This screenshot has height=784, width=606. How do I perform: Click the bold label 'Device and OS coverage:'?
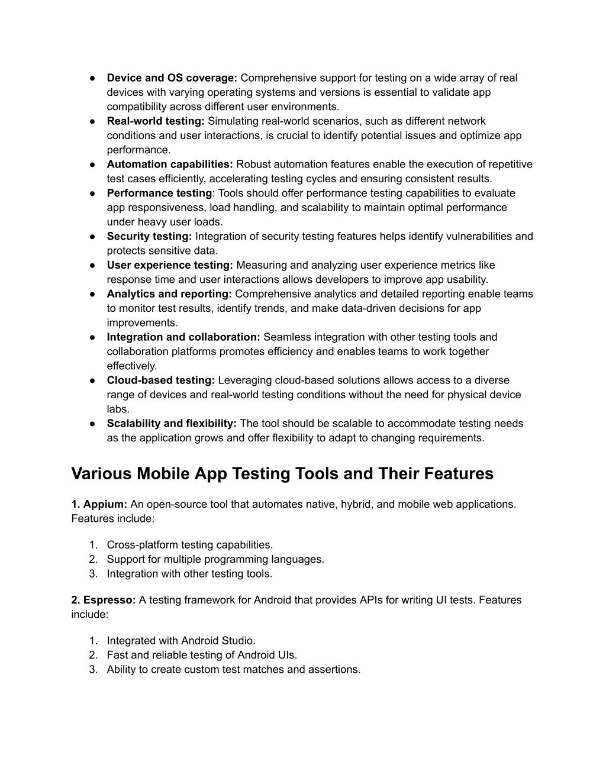(172, 78)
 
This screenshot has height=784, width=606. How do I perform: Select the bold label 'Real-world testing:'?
(156, 121)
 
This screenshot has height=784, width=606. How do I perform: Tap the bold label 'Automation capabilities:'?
(170, 164)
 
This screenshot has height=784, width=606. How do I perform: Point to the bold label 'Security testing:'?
(149, 237)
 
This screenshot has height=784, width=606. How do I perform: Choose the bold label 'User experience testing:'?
(170, 265)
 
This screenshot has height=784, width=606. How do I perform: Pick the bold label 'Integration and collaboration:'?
(183, 337)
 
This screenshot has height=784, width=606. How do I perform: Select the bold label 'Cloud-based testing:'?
(161, 380)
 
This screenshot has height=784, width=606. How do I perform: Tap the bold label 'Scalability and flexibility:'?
(172, 424)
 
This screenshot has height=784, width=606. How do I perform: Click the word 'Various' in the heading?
(101, 474)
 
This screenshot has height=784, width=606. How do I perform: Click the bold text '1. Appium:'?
(99, 504)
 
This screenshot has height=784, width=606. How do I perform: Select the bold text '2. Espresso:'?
(104, 600)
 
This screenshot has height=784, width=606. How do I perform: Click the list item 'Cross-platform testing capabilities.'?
(190, 545)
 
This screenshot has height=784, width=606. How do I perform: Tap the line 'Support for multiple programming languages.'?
(215, 559)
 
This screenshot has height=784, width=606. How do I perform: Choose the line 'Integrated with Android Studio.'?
(181, 641)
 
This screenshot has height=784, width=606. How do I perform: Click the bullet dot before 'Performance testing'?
(93, 193)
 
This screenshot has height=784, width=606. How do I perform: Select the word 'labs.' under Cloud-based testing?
(118, 409)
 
